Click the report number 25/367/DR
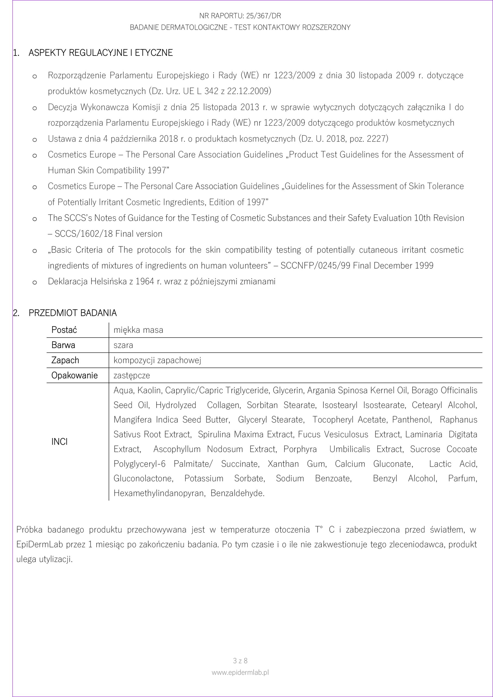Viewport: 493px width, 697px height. tap(264, 16)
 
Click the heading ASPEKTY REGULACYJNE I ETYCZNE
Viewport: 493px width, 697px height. tap(100, 53)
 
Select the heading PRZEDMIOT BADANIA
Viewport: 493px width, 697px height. tap(73, 313)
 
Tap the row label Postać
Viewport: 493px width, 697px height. tap(64, 330)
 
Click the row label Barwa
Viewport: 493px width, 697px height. tap(63, 345)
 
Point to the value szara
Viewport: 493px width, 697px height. tap(123, 345)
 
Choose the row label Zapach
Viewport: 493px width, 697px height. tap(65, 360)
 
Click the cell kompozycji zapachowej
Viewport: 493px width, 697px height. tap(157, 360)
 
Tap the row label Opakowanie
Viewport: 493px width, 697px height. tap(74, 375)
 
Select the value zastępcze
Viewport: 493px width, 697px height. tap(132, 375)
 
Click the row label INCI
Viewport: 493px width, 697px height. tap(60, 442)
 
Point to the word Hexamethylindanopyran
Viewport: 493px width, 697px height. tap(158, 493)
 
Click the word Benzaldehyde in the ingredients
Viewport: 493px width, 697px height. tap(237, 493)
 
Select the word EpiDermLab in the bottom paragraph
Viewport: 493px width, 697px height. tap(39, 544)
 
